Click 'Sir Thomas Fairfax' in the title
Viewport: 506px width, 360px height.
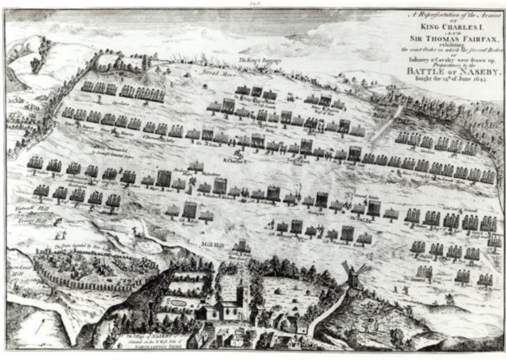[x=454, y=38]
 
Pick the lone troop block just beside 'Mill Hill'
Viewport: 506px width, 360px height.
[x=242, y=245]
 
